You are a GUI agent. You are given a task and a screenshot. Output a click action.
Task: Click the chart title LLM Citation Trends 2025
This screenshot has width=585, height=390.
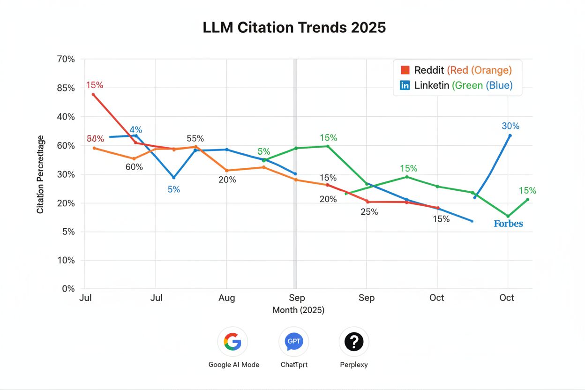(294, 28)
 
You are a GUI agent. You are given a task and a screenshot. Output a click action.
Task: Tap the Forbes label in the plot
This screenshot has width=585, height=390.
(508, 224)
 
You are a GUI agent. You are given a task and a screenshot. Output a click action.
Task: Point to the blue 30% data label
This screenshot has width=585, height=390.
(510, 126)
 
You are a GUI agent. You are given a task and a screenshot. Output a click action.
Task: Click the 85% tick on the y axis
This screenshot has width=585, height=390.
(65, 88)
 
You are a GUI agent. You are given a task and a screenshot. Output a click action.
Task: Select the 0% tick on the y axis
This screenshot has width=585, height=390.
(68, 289)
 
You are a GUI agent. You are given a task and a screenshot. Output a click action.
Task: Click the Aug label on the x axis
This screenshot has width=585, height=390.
(226, 298)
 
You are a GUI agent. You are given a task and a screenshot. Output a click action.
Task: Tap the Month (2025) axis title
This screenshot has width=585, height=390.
(298, 310)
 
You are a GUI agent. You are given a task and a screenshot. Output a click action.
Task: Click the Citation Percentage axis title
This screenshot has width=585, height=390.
(41, 174)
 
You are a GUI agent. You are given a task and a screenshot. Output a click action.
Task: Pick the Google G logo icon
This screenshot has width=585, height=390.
(232, 342)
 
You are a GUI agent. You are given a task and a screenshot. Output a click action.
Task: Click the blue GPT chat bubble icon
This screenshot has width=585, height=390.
(293, 342)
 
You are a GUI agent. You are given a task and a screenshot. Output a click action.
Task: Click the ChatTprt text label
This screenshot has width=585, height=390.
(294, 365)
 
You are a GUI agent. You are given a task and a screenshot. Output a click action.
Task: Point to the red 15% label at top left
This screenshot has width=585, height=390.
(94, 85)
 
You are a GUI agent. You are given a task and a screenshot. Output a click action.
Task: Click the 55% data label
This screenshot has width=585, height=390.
(195, 139)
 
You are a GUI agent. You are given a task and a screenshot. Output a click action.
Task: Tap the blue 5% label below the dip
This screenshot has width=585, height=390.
(173, 190)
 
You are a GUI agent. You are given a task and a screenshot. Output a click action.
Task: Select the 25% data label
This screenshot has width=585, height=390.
(369, 212)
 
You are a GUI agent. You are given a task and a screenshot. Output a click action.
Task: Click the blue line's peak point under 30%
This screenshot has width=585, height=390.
(510, 135)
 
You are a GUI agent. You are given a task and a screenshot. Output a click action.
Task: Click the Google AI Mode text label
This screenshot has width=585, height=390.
(233, 365)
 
